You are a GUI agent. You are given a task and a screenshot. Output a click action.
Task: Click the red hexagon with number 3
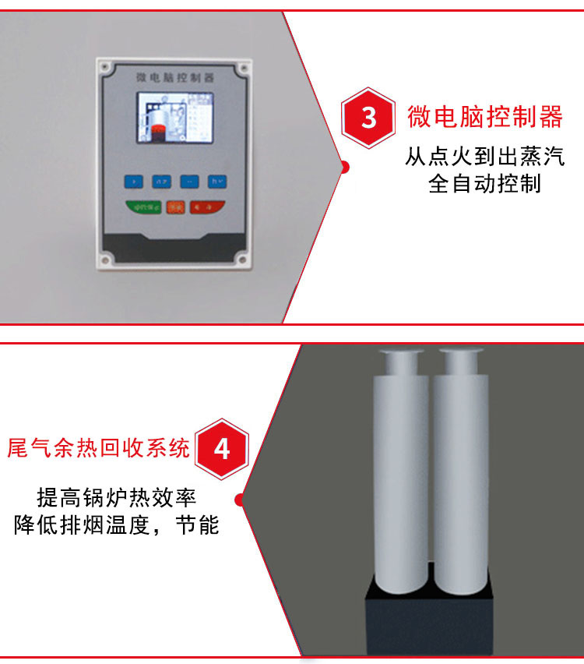pos(368,118)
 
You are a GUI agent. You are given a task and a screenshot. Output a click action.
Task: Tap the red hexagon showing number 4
pos(221,450)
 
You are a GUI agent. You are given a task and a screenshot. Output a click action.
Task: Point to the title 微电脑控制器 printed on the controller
pos(174,78)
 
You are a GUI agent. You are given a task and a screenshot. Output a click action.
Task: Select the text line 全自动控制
pos(484,185)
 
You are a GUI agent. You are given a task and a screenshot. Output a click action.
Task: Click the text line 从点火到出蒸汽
pos(484,157)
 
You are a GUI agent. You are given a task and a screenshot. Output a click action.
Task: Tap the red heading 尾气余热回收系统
pos(98,448)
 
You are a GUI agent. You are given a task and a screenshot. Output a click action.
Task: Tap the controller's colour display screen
pos(175,118)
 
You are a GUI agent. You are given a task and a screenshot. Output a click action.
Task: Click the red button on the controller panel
pos(208,207)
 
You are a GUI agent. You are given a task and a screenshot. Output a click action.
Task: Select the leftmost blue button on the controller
pos(135,182)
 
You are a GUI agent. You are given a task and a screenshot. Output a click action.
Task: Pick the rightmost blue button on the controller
pos(216,182)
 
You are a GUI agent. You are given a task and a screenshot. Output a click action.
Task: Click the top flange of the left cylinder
pos(402,355)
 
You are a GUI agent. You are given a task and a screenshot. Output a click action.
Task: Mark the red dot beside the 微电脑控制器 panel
pos(344,166)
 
